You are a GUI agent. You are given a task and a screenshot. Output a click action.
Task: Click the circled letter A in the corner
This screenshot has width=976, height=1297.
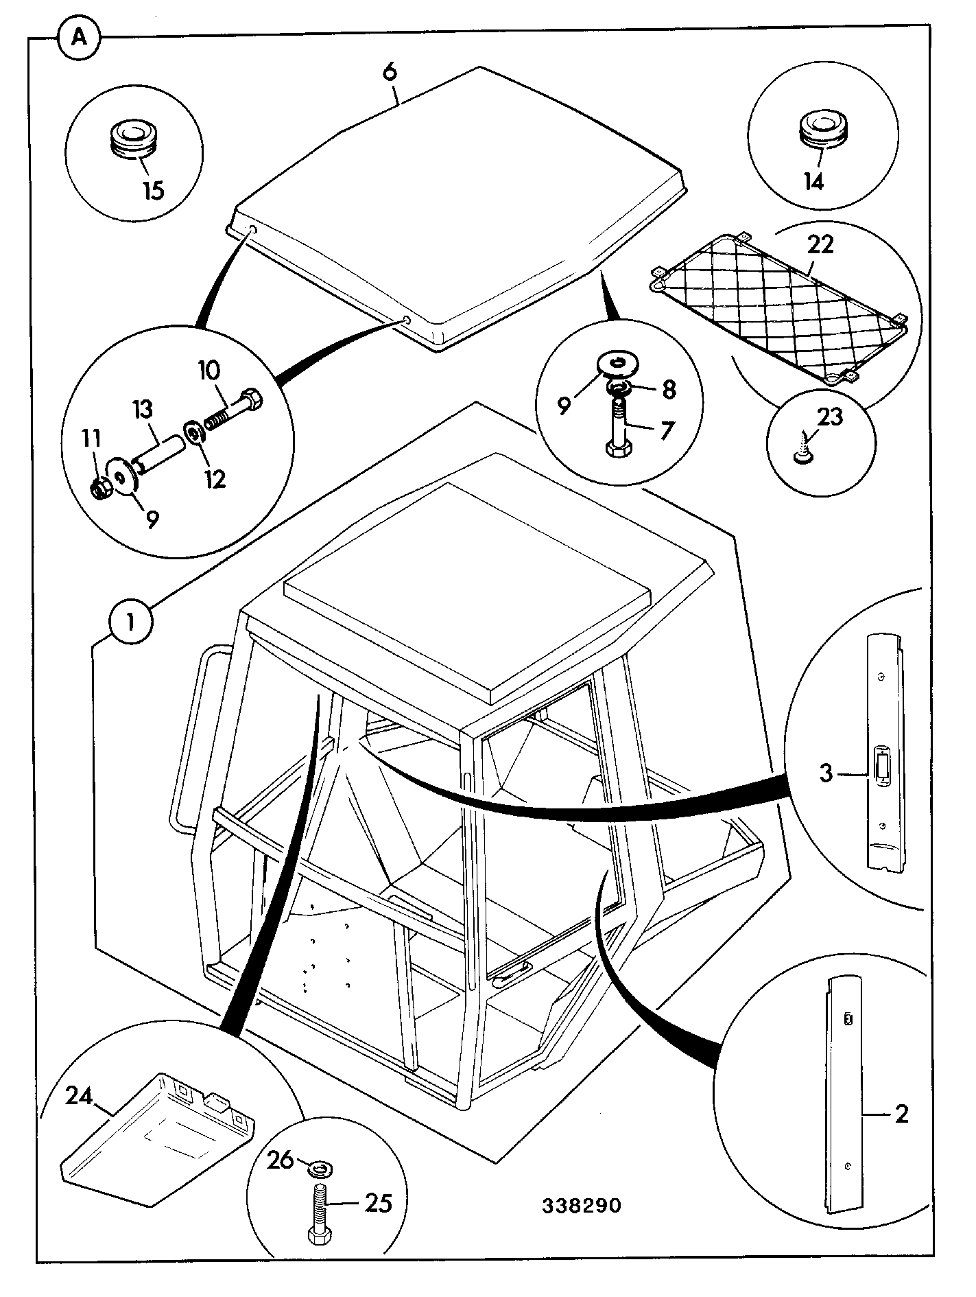pos(79,38)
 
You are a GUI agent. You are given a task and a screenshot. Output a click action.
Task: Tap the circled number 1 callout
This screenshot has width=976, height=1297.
pos(131,622)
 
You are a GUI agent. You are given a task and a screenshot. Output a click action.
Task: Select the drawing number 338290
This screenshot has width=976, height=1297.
pos(582,1206)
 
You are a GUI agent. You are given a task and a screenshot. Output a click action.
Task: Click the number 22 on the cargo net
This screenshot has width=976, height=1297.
pos(820,244)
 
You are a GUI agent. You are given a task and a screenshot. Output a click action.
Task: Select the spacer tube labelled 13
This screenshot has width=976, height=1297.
pos(159,456)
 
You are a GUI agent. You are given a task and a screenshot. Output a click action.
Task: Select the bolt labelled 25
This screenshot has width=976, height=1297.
pos(320,1211)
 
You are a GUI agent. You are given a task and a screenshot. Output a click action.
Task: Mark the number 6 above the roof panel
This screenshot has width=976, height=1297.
pos(390,73)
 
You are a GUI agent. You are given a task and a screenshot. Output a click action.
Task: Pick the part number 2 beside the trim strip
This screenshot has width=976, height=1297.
pos(901,1113)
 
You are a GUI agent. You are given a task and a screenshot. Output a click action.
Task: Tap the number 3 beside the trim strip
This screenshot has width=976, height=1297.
pos(826,773)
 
